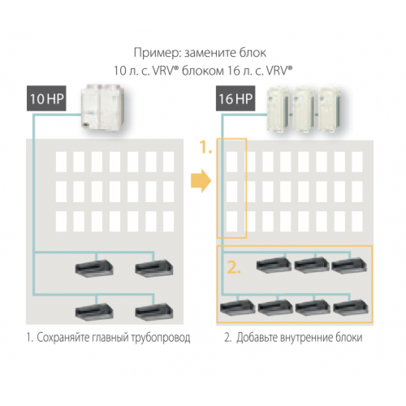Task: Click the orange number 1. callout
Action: coord(205,149)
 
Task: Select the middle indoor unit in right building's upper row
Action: coord(311,266)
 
